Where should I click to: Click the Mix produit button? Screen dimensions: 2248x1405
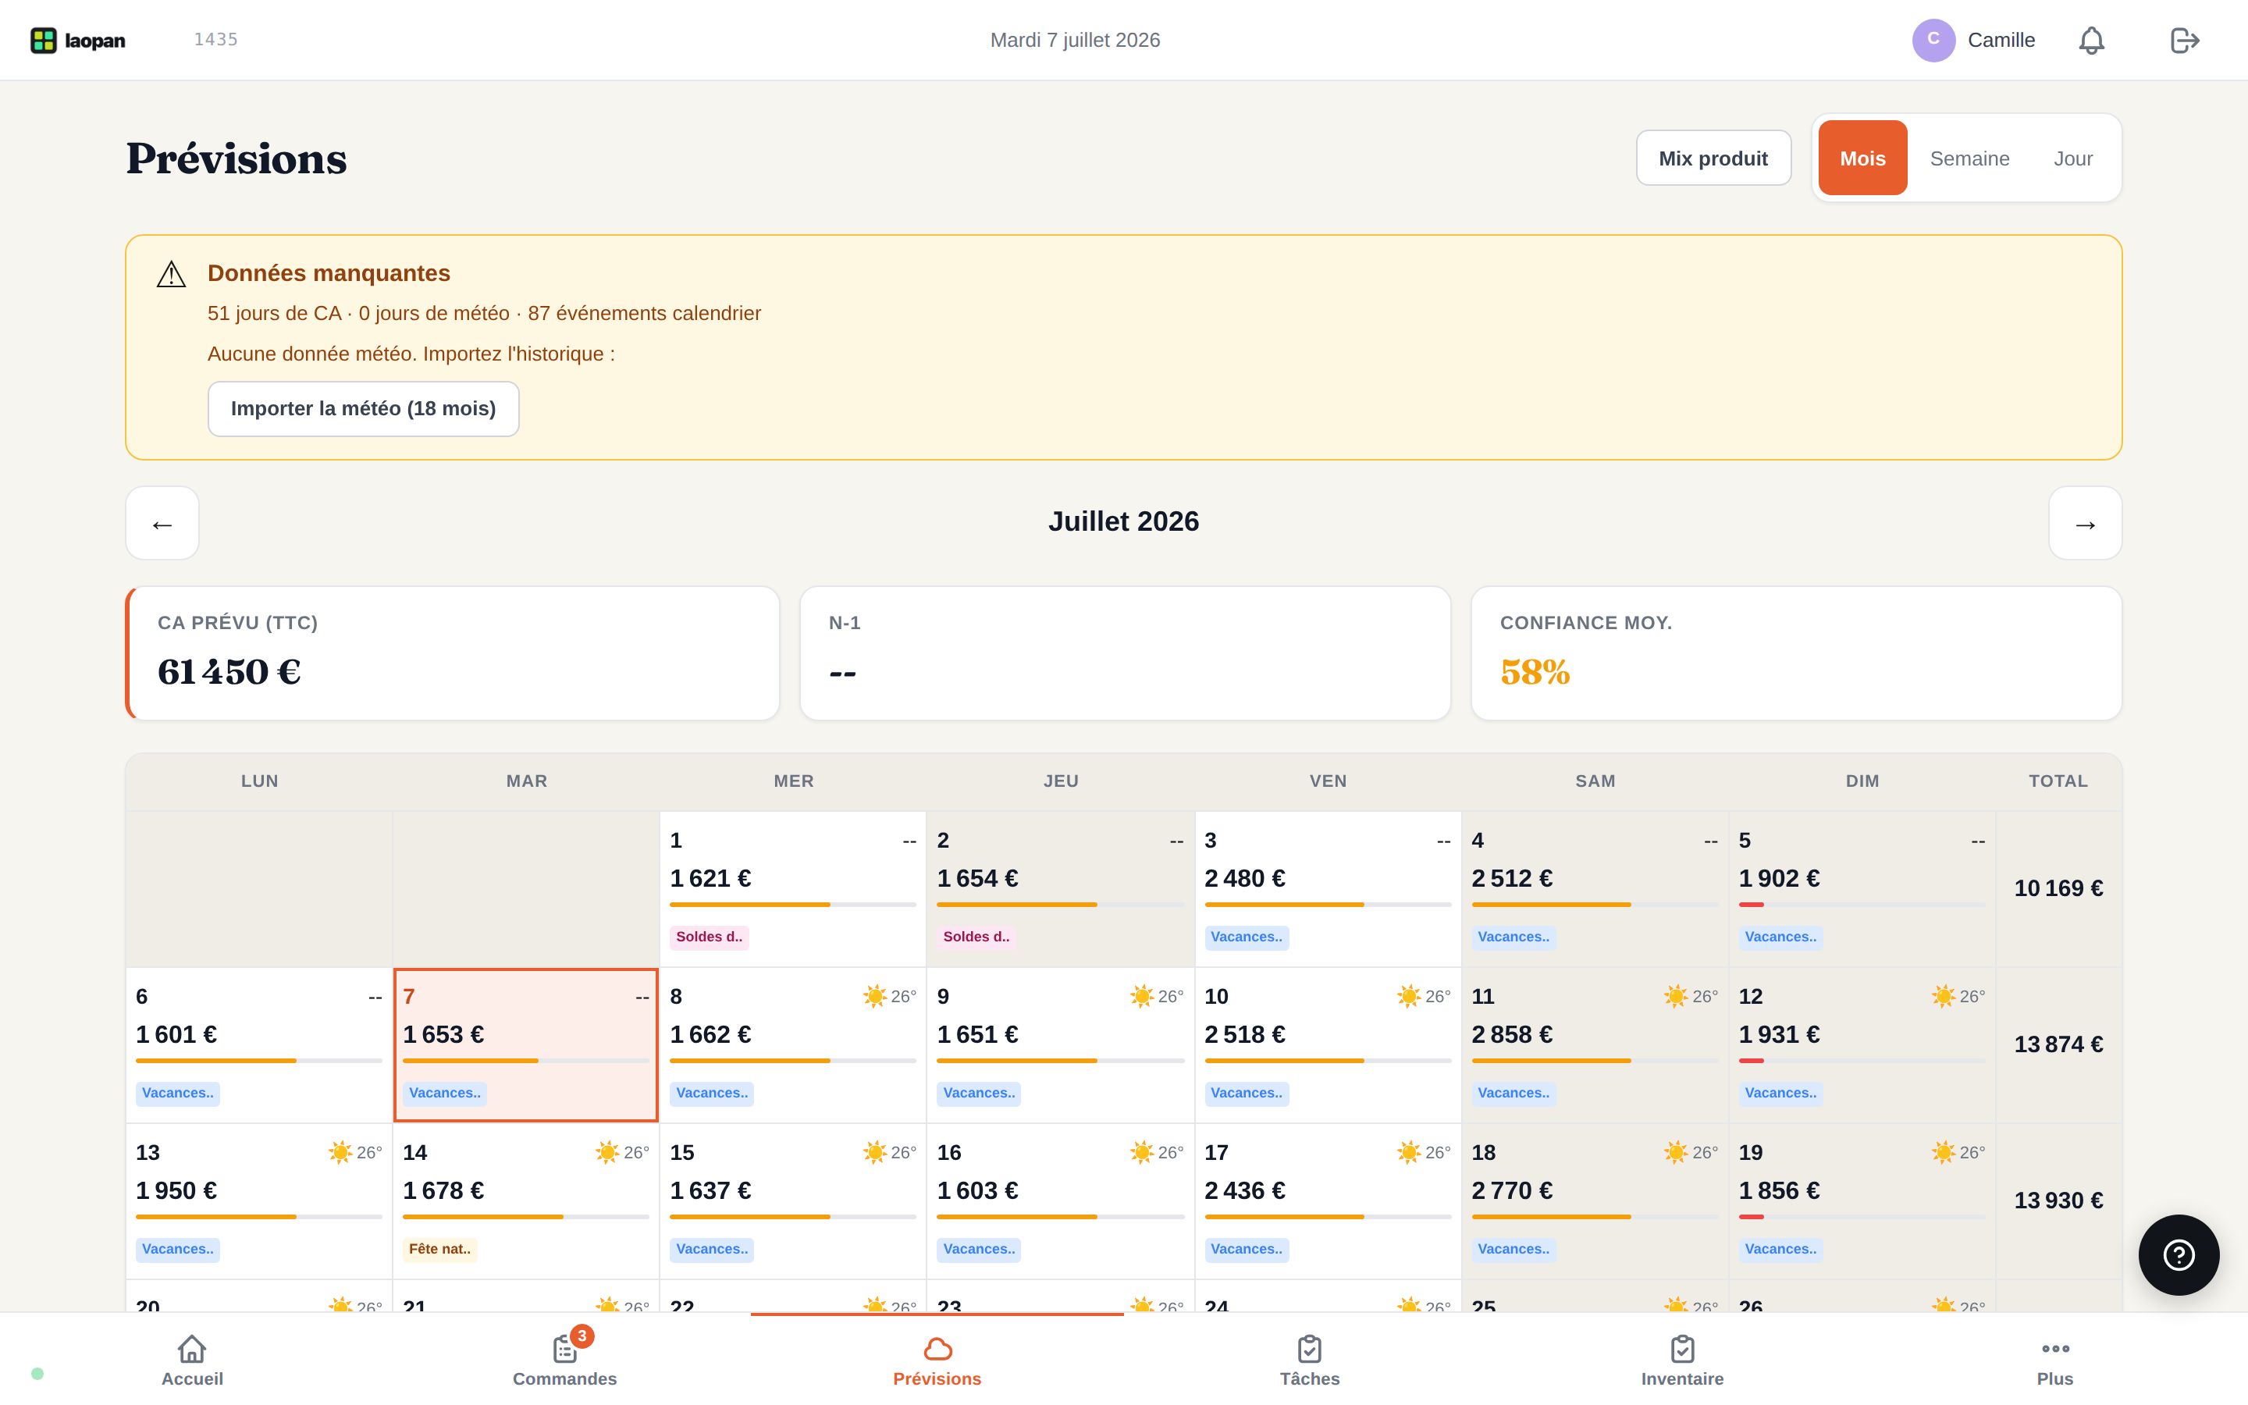pyautogui.click(x=1713, y=158)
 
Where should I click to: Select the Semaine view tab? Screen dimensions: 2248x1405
pyautogui.click(x=1969, y=158)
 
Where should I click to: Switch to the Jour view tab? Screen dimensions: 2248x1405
pyautogui.click(x=2072, y=158)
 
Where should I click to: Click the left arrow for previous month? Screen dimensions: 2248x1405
pyautogui.click(x=162, y=523)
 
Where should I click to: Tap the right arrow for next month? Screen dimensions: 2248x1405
pyautogui.click(x=2086, y=523)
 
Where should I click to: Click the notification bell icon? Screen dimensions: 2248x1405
pyautogui.click(x=2091, y=40)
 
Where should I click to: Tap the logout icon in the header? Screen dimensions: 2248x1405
pyautogui.click(x=2185, y=40)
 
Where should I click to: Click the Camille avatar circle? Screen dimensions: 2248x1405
pyautogui.click(x=1933, y=40)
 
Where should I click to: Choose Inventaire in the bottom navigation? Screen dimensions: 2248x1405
pyautogui.click(x=1682, y=1358)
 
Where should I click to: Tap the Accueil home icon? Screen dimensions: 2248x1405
pyautogui.click(x=192, y=1348)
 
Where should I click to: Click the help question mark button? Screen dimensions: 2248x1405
pyautogui.click(x=2179, y=1254)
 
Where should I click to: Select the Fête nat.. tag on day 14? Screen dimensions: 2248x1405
pyautogui.click(x=440, y=1249)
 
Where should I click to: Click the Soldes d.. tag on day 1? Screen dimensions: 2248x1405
pyautogui.click(x=709, y=937)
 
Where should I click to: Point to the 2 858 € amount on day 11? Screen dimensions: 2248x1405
pyautogui.click(x=1511, y=1034)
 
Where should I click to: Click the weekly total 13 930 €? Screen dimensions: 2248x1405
pyautogui.click(x=2058, y=1200)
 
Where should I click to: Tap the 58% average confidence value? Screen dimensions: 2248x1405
pyautogui.click(x=1535, y=672)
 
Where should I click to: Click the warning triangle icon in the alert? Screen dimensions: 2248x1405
pyautogui.click(x=171, y=274)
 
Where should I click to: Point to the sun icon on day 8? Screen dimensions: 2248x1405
pyautogui.click(x=874, y=996)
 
